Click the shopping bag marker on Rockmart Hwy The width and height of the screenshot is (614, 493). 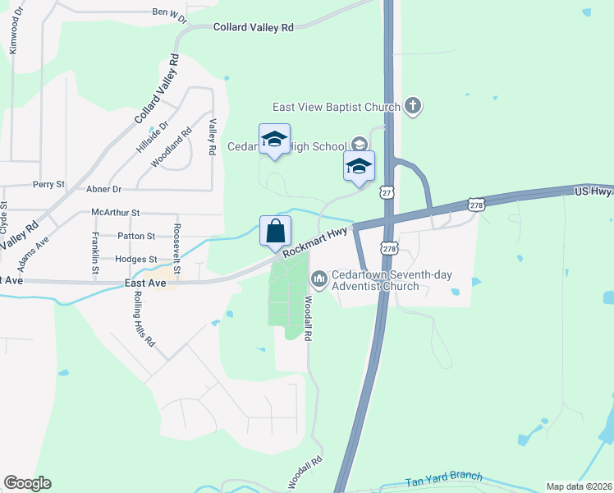click(x=275, y=231)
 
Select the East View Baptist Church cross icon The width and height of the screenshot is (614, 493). click(x=413, y=106)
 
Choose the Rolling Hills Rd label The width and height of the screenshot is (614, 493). click(x=144, y=319)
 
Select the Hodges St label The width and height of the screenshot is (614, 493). click(x=135, y=259)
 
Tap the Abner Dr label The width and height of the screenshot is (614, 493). click(x=103, y=188)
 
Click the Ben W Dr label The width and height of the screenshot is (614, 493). click(x=170, y=12)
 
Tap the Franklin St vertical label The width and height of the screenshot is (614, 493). click(x=96, y=252)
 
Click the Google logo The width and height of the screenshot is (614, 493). click(x=27, y=483)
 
